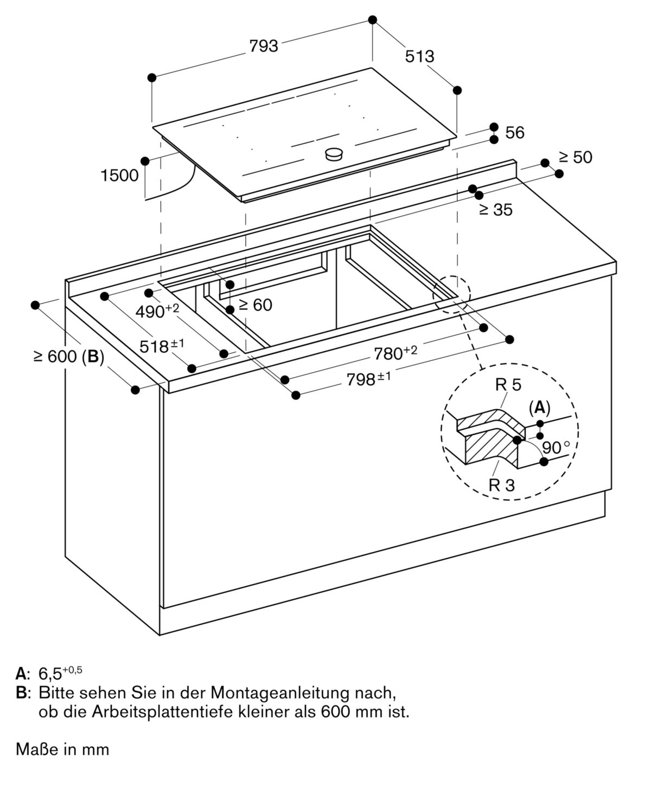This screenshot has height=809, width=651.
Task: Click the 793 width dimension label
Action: (x=264, y=47)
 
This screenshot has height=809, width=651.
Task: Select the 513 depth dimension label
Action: (x=419, y=56)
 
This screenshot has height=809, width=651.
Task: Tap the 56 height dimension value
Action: (x=514, y=133)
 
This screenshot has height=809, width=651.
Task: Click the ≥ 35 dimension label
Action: (x=495, y=210)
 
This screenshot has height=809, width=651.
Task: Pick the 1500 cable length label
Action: (x=119, y=176)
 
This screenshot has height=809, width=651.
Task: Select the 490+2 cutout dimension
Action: (x=157, y=310)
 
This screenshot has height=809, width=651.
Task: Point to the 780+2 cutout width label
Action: (x=395, y=353)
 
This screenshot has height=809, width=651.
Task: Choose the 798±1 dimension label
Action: (x=368, y=380)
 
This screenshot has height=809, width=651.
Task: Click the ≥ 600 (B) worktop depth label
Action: (x=68, y=357)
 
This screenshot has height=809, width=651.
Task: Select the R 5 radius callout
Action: (x=508, y=385)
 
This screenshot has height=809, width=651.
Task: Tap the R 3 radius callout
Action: (x=501, y=485)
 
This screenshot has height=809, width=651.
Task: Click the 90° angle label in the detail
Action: (x=556, y=448)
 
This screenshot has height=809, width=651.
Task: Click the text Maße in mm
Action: (x=62, y=749)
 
